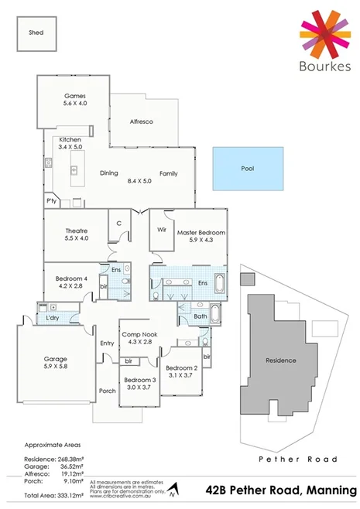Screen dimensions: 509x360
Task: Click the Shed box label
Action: point(36,33)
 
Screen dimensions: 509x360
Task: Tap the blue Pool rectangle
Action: point(247,168)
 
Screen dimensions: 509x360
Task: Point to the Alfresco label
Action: point(142,122)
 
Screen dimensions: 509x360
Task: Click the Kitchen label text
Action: point(70,140)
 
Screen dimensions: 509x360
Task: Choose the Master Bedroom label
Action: point(201,232)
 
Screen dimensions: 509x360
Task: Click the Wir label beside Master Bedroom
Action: point(162,230)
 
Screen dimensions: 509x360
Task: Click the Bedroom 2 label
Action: point(183,367)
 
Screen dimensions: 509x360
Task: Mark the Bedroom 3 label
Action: point(140,380)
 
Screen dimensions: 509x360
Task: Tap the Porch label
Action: point(106,391)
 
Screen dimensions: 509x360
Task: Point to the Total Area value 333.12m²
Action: point(73,494)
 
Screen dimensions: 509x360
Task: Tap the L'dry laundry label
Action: point(53,319)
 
